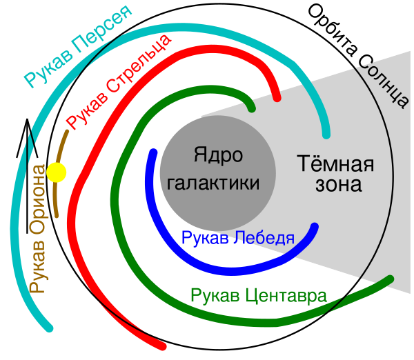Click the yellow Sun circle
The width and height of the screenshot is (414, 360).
click(x=57, y=172)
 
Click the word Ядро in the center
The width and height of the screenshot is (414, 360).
click(x=218, y=155)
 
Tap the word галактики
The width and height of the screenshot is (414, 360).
click(x=214, y=183)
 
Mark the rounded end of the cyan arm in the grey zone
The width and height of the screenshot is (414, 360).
click(x=326, y=133)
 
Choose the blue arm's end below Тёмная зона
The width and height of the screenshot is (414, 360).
click(x=315, y=227)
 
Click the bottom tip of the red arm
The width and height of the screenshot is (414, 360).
click(x=162, y=344)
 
